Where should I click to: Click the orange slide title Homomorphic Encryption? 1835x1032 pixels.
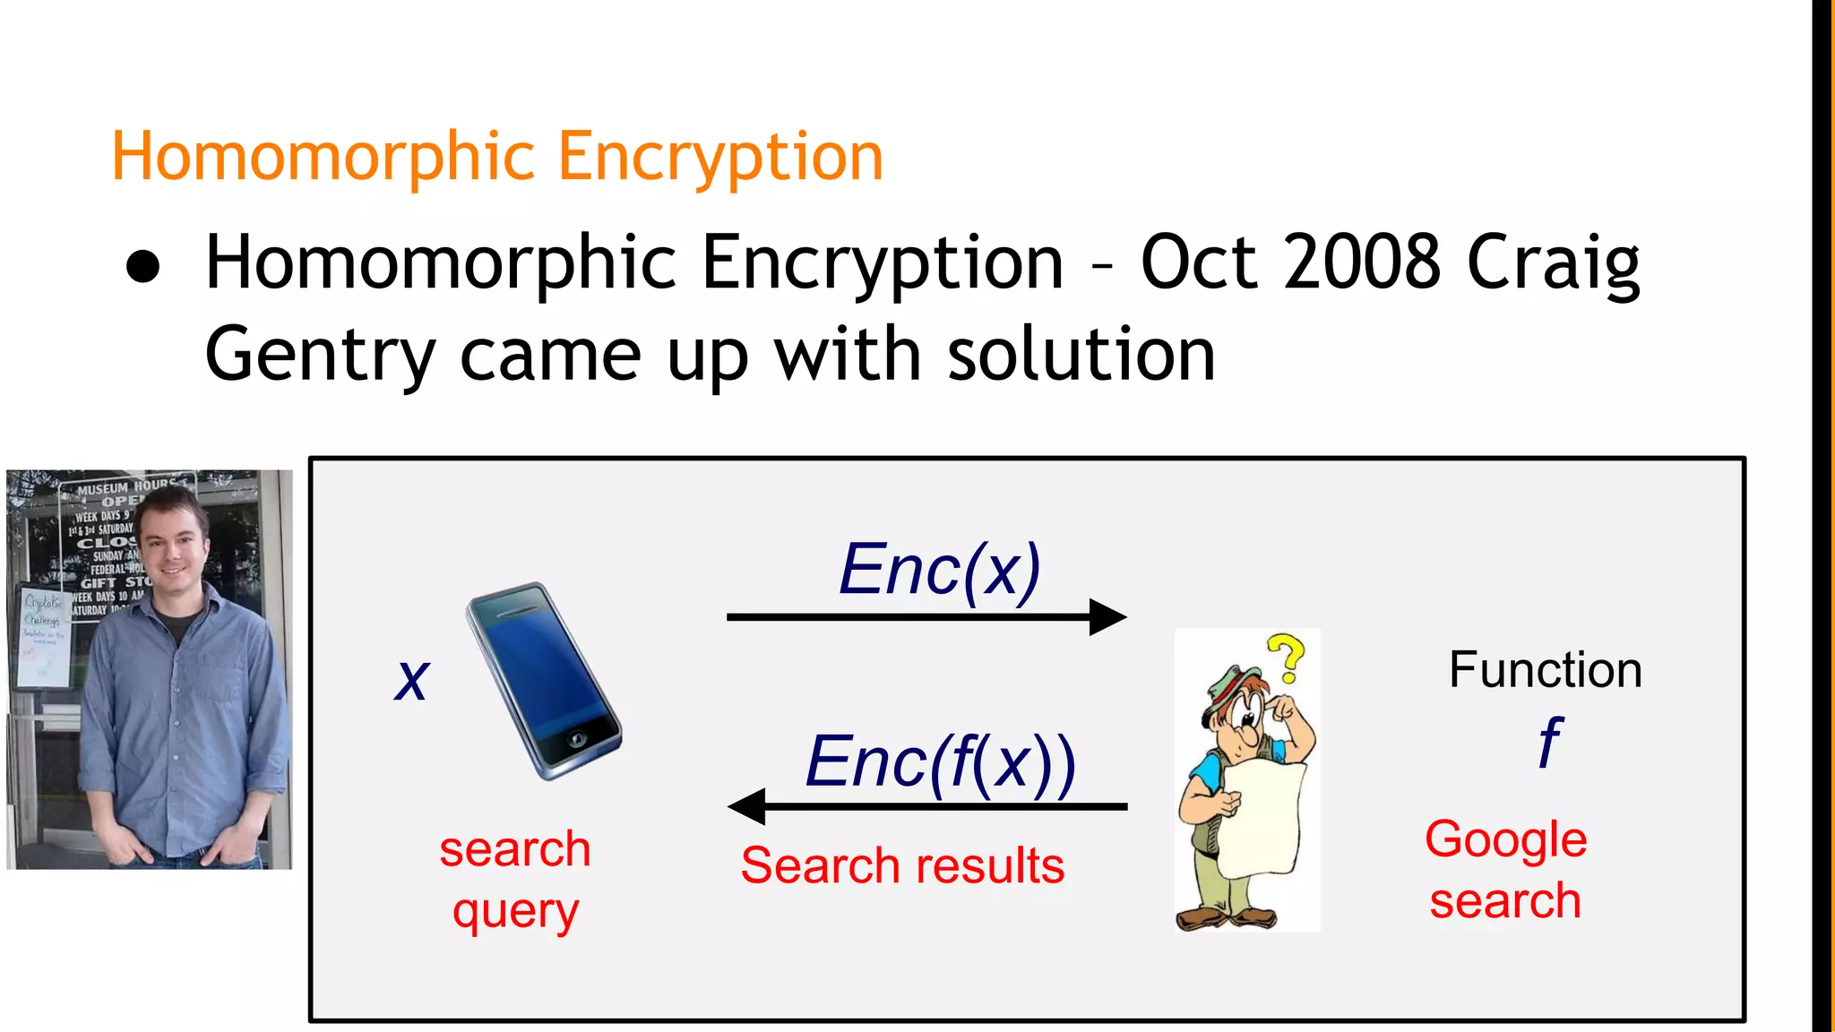pyautogui.click(x=497, y=157)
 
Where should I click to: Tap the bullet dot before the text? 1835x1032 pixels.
pyautogui.click(x=143, y=267)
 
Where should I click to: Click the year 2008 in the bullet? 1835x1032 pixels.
pyautogui.click(x=1361, y=262)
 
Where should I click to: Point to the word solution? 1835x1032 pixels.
pyautogui.click(x=1081, y=355)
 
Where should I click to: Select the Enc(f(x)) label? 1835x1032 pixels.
pyautogui.click(x=940, y=762)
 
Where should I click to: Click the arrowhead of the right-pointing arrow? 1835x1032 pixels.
pyautogui.click(x=1108, y=617)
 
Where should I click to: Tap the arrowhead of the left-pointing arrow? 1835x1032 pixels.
pyautogui.click(x=747, y=806)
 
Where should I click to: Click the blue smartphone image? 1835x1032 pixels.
pyautogui.click(x=544, y=681)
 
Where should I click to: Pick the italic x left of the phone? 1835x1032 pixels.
pyautogui.click(x=412, y=678)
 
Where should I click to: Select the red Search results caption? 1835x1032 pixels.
pyautogui.click(x=902, y=866)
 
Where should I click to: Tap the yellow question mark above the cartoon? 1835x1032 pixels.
pyautogui.click(x=1288, y=658)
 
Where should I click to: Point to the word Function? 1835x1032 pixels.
pyautogui.click(x=1545, y=670)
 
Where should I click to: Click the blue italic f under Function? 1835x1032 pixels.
pyautogui.click(x=1549, y=743)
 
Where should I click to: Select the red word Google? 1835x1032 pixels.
pyautogui.click(x=1505, y=839)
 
